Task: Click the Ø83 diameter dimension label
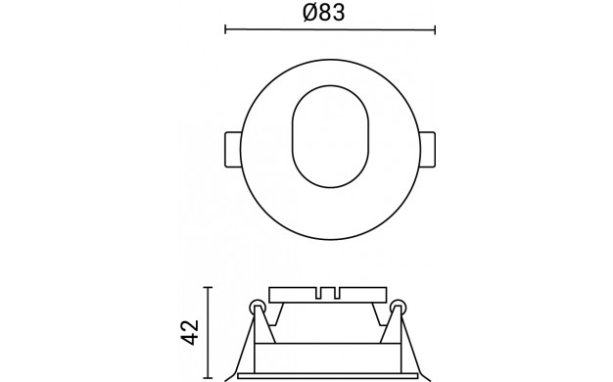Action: pos(324,12)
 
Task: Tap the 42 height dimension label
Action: pos(191,333)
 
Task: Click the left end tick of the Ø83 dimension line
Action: pos(225,29)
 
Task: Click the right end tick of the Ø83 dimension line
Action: pos(435,29)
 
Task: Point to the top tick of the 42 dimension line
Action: pos(208,287)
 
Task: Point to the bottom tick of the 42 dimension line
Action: pos(208,378)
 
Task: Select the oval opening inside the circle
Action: pos(330,136)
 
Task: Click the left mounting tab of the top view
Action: pos(233,150)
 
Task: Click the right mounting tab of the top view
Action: pos(427,150)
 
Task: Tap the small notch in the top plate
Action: pos(328,293)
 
